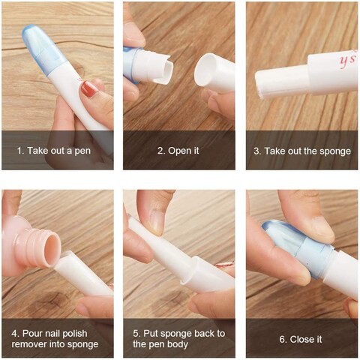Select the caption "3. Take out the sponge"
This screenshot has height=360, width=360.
pyautogui.click(x=301, y=151)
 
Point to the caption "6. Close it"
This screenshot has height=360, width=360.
pyautogui.click(x=301, y=339)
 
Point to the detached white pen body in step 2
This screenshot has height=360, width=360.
pyautogui.click(x=215, y=73)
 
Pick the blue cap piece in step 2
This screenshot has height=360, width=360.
pyautogui.click(x=134, y=63)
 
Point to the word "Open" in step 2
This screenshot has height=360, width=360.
pyautogui.click(x=180, y=151)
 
